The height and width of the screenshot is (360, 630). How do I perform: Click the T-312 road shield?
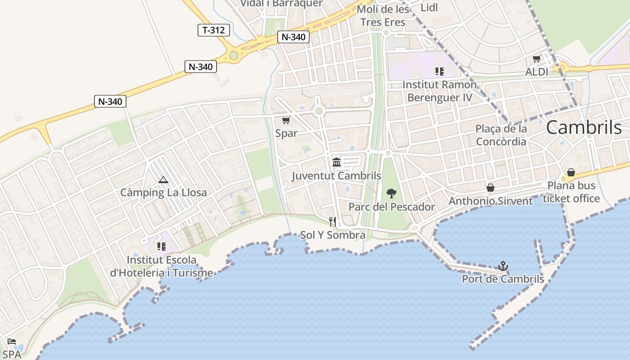[214, 30]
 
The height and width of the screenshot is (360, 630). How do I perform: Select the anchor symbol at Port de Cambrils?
[503, 266]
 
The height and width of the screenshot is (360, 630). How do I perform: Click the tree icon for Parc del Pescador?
[391, 193]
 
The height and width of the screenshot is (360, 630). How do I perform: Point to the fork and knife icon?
[333, 221]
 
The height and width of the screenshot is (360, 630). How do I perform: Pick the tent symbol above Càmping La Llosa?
[163, 180]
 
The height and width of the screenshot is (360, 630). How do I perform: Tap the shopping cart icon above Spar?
[286, 120]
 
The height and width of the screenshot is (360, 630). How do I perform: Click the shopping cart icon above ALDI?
[536, 58]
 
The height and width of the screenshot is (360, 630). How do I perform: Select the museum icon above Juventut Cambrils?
[337, 162]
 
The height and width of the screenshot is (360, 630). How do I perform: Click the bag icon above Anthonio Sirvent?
[490, 187]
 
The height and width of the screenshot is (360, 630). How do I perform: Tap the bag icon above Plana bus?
[571, 172]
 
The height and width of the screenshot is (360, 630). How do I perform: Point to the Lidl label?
[429, 7]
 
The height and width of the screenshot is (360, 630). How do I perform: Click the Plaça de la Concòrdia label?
[501, 135]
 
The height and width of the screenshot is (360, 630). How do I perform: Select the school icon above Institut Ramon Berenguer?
[439, 71]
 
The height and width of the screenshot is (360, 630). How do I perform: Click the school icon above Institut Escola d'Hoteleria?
[162, 246]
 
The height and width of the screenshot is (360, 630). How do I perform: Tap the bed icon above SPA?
[12, 342]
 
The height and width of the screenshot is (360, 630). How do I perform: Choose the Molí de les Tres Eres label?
[382, 16]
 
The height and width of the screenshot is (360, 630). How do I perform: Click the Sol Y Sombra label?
[333, 235]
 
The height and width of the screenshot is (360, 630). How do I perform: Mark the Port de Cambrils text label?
[503, 279]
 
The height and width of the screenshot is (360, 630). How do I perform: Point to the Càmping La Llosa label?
[163, 193]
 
